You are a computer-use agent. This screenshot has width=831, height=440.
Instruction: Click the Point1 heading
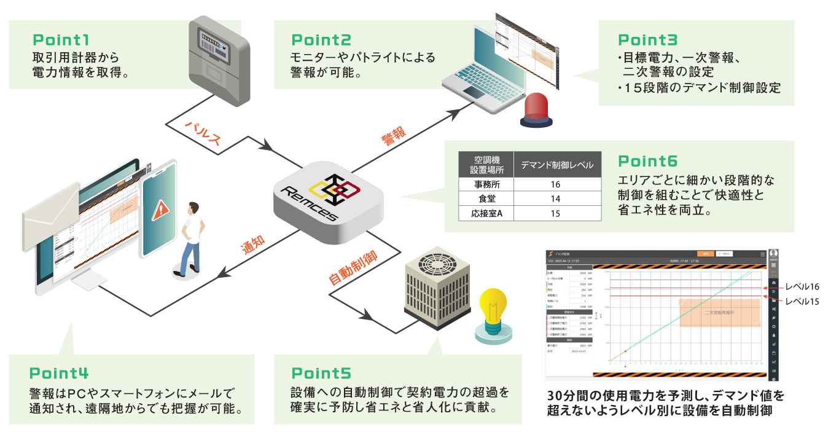[x=61, y=41]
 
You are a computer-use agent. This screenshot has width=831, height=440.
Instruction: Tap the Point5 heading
[x=321, y=373]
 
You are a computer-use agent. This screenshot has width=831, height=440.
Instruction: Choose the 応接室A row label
[x=486, y=214]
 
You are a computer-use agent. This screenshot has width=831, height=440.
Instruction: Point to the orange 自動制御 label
[x=353, y=269]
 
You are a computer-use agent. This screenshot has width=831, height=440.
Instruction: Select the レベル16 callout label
[x=802, y=287]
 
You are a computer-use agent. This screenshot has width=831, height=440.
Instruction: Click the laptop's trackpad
[x=475, y=92]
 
